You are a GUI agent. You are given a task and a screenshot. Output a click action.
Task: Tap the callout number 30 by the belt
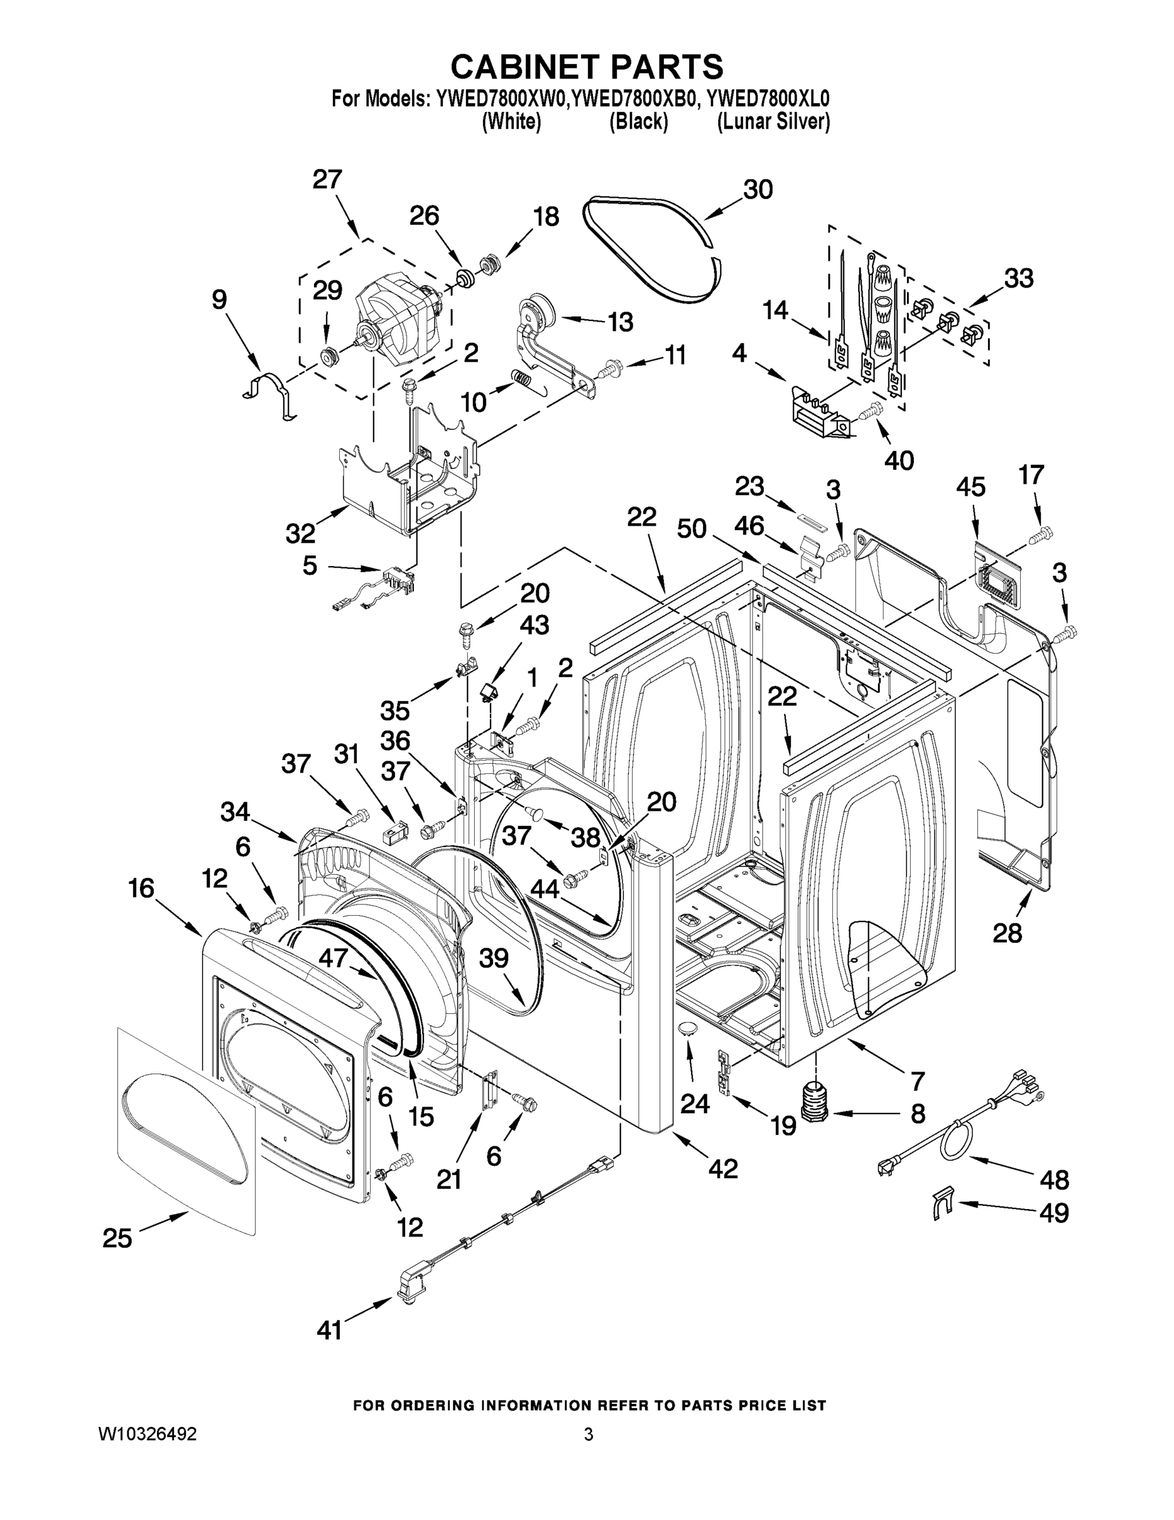(758, 190)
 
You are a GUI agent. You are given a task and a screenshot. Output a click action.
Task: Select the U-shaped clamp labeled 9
(272, 395)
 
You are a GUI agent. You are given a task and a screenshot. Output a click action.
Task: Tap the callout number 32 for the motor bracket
(301, 533)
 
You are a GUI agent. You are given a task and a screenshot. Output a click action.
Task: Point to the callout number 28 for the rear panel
(1007, 933)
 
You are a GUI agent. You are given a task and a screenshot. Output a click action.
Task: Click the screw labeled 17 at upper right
(1041, 535)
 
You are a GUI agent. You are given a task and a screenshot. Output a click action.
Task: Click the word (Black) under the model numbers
(639, 122)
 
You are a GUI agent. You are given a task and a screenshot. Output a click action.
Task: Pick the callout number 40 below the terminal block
(899, 460)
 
